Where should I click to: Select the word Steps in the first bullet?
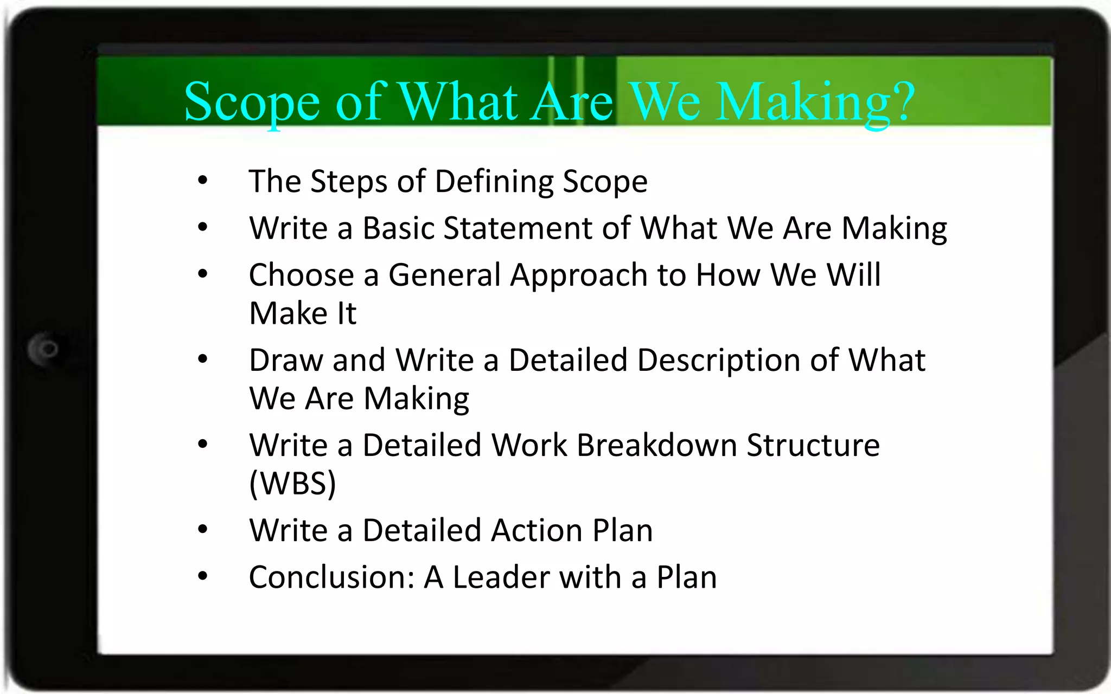[348, 181]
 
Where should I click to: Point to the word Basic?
[398, 228]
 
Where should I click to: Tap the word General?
[444, 275]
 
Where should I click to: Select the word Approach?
[578, 276]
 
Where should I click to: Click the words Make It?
[303, 313]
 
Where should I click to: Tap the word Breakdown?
[656, 445]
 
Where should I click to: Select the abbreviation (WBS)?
[293, 483]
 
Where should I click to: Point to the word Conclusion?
[331, 577]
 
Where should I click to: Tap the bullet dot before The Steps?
[203, 181]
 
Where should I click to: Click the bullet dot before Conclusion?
[203, 576]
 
